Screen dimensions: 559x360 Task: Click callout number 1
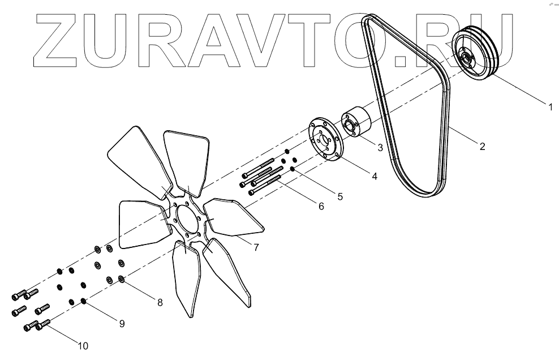coord(548,106)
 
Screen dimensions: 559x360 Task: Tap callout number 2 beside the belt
coord(482,146)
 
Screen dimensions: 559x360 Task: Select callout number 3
coord(380,148)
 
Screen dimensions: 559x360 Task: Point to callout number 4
coord(375,176)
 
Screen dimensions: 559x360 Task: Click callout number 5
coord(339,197)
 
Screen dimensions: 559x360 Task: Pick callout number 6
coord(321,207)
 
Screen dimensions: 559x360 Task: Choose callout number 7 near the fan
coord(256,247)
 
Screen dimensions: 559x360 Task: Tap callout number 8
coord(160,302)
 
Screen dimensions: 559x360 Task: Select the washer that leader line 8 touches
coord(122,279)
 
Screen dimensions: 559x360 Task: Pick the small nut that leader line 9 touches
coord(84,301)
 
